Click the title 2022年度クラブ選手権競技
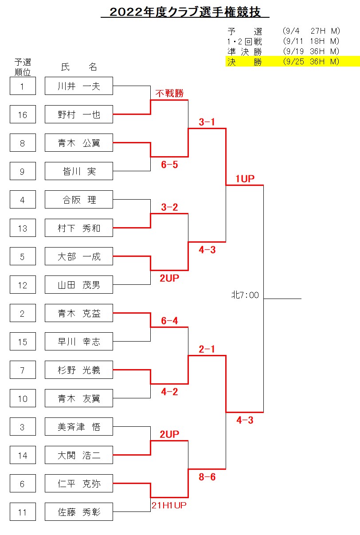(185, 12)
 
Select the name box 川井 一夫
(79, 86)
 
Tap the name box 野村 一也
(79, 114)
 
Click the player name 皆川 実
(79, 171)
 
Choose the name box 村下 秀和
(79, 228)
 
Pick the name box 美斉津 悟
(79, 427)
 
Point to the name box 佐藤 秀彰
(79, 512)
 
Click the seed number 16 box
(23, 114)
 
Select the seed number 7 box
(23, 370)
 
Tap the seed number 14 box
(23, 455)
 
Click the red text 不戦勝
(169, 93)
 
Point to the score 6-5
(169, 165)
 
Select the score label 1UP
(245, 179)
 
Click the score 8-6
(207, 477)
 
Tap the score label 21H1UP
(169, 505)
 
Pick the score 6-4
(169, 321)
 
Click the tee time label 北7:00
(245, 295)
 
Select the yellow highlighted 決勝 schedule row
(293, 61)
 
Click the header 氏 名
(79, 67)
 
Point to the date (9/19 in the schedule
(293, 51)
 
